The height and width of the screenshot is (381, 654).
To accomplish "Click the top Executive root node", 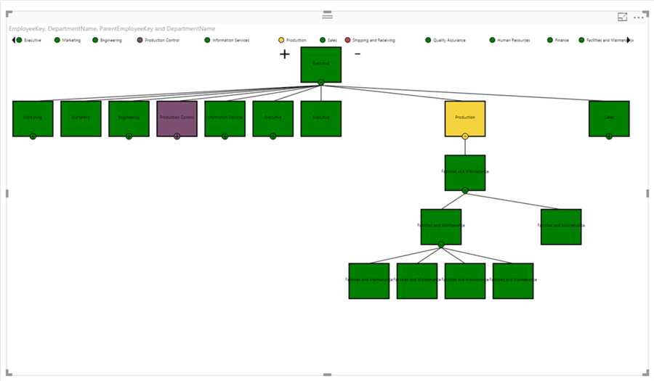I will coord(320,65).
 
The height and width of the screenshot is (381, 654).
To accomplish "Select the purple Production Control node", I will coord(177,118).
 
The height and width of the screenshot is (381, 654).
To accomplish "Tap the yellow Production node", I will coord(465,118).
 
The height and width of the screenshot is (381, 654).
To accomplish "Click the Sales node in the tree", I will coord(609,118).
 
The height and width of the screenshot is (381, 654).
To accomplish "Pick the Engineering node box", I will coord(129,118).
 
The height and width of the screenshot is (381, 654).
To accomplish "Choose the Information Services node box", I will coord(225,118).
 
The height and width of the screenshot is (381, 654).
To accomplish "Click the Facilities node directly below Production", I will coord(465,173).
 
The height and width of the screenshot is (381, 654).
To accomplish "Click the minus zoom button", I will coord(357,54).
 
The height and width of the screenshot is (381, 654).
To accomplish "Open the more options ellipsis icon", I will coord(639,17).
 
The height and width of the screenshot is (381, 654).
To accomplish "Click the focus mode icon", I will coord(622,17).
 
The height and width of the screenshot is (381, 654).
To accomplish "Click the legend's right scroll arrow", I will coord(629,41).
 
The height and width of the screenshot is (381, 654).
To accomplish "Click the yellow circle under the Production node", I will coord(465,136).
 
